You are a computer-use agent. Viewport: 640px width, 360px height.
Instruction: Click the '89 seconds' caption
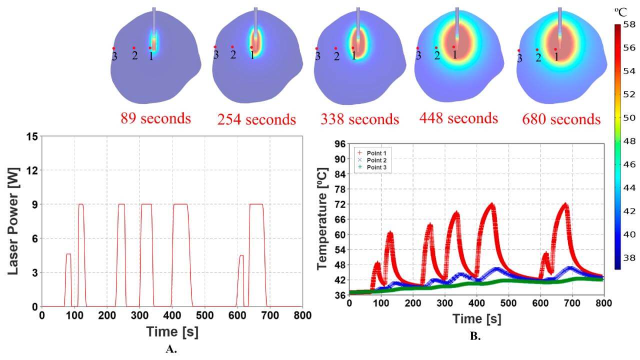coord(155,118)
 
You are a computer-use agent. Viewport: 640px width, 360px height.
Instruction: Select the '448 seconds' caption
coord(458,118)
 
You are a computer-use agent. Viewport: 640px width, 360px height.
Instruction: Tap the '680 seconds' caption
coord(561,119)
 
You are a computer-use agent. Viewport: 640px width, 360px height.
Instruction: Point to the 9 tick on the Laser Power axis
coord(34,204)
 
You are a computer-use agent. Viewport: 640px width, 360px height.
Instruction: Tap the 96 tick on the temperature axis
coord(339,144)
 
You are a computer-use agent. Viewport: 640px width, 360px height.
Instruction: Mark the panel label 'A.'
coord(171,349)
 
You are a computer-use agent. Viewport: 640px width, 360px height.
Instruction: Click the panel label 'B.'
coord(475,336)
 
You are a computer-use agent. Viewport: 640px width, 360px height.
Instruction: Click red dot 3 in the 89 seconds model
coord(114,48)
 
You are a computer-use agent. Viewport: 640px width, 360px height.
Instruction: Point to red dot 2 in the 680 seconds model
coord(537,49)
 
